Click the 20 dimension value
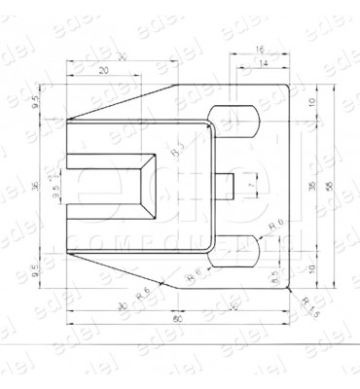point(104,71)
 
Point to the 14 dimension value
point(263,62)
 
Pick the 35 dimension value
point(312,185)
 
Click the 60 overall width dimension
point(178,319)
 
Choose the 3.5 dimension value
point(55,193)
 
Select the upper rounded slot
point(236,122)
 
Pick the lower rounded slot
point(236,250)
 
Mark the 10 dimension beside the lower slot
point(312,267)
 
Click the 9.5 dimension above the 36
point(36,100)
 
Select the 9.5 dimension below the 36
point(36,273)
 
